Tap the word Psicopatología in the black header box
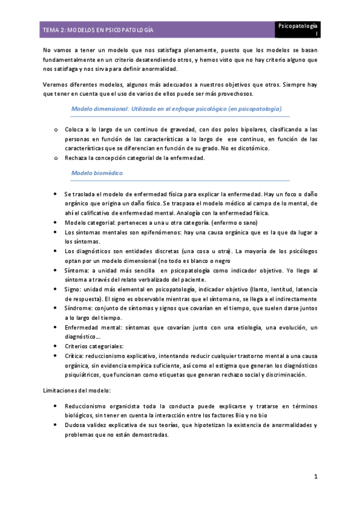(x=297, y=26)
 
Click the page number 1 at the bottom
(x=315, y=476)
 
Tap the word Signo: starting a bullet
(x=75, y=289)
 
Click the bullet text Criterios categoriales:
(x=94, y=346)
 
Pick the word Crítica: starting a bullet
(x=76, y=355)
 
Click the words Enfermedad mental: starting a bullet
(x=93, y=327)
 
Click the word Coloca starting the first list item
(x=75, y=129)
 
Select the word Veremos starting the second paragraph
(x=56, y=84)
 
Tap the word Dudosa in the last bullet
(x=76, y=425)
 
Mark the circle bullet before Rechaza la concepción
(x=55, y=158)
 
